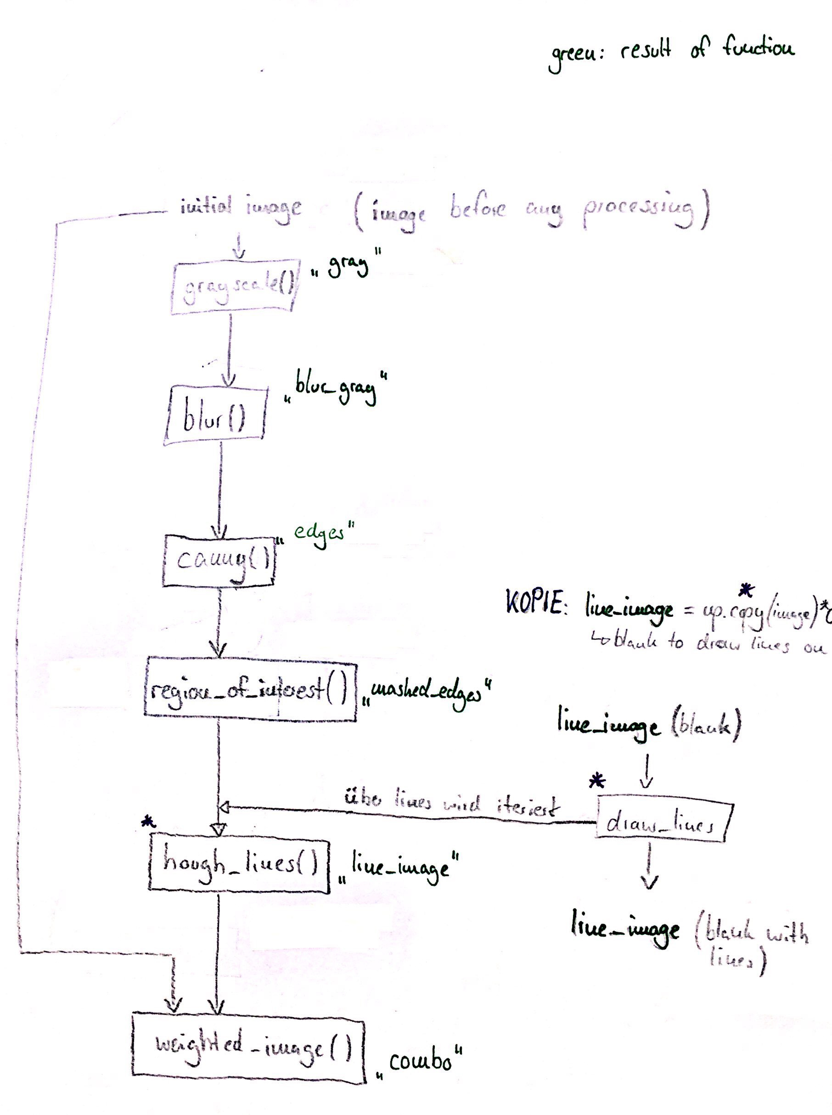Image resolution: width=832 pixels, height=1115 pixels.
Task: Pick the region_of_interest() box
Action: [250, 689]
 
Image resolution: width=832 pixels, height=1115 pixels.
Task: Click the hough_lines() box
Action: [239, 865]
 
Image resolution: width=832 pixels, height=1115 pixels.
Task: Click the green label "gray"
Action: [348, 265]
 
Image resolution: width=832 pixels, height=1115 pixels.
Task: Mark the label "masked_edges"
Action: [425, 691]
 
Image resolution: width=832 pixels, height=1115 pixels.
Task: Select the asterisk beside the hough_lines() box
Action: [147, 822]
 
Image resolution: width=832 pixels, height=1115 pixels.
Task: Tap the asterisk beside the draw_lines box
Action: [597, 782]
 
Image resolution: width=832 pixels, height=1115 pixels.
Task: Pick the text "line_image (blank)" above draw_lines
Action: [649, 726]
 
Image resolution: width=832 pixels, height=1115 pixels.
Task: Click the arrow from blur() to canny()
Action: [219, 489]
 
